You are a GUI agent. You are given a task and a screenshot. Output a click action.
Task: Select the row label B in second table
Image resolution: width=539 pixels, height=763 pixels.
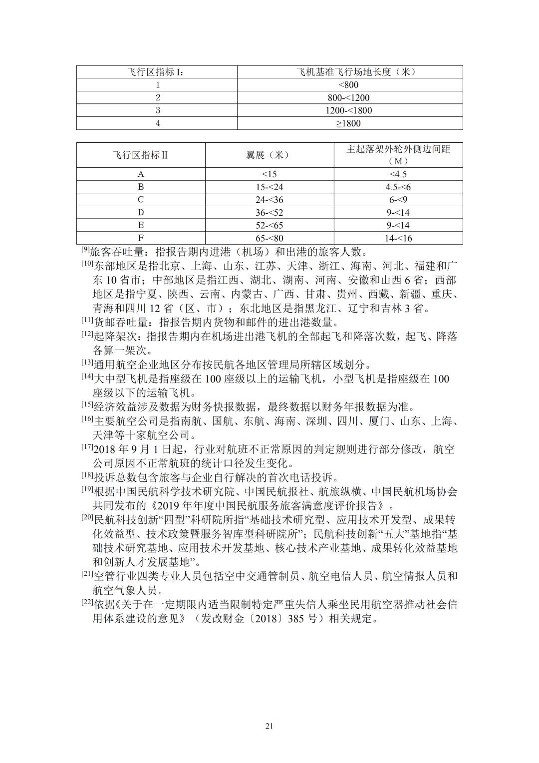click(141, 187)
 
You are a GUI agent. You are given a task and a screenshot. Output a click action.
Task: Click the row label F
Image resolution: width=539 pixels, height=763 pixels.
click(141, 238)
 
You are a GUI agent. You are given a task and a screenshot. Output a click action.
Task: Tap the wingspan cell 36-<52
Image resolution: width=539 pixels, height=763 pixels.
click(269, 213)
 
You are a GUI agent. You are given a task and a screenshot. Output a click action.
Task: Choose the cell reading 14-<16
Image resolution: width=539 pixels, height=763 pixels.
click(398, 238)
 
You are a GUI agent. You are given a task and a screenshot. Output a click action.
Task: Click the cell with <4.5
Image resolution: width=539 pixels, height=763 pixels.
click(398, 174)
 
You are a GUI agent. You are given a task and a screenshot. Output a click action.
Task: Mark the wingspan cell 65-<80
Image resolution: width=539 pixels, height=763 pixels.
click(269, 238)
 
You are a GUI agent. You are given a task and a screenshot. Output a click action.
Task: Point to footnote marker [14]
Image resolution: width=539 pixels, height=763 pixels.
click(87, 377)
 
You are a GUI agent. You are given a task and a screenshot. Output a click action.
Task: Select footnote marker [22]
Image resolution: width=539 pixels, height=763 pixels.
click(87, 602)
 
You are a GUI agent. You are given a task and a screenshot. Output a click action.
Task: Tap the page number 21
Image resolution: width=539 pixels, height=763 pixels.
click(269, 726)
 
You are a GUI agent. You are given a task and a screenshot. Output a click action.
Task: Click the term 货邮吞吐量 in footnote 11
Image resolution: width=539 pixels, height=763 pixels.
click(114, 323)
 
